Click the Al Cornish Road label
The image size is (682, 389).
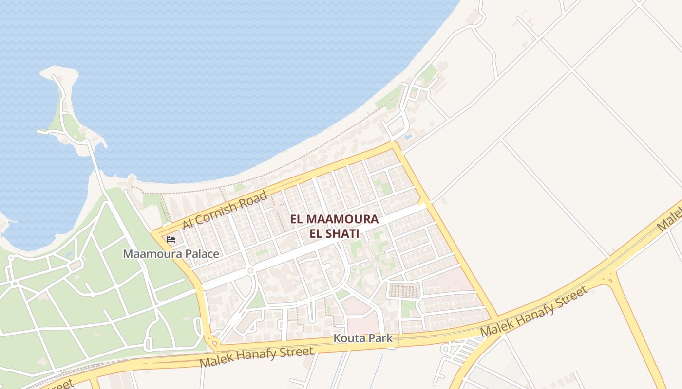[225, 210]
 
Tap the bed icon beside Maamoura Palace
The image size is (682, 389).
[171, 239]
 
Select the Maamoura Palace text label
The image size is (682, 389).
[170, 254]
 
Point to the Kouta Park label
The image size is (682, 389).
[363, 338]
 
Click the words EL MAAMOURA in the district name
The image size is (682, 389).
[334, 219]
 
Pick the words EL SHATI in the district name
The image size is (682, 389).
[334, 233]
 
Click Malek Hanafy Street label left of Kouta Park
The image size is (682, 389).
[256, 357]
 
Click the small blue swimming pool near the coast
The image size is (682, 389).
[408, 137]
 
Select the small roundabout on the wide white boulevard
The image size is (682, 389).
[250, 270]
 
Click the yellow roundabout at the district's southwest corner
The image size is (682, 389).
[214, 343]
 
